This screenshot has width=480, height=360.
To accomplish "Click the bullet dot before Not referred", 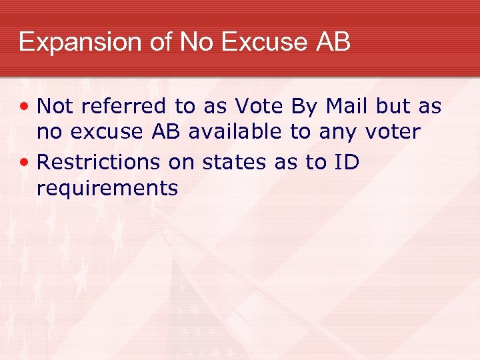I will pyautogui.click(x=26, y=106).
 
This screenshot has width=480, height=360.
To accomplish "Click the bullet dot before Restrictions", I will pyautogui.click(x=26, y=162).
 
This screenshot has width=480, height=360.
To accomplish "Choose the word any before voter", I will pyautogui.click(x=337, y=132).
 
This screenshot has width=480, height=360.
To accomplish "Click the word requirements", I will pyautogui.click(x=107, y=189).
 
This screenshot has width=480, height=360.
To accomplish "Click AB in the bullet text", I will pyautogui.click(x=165, y=132).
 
